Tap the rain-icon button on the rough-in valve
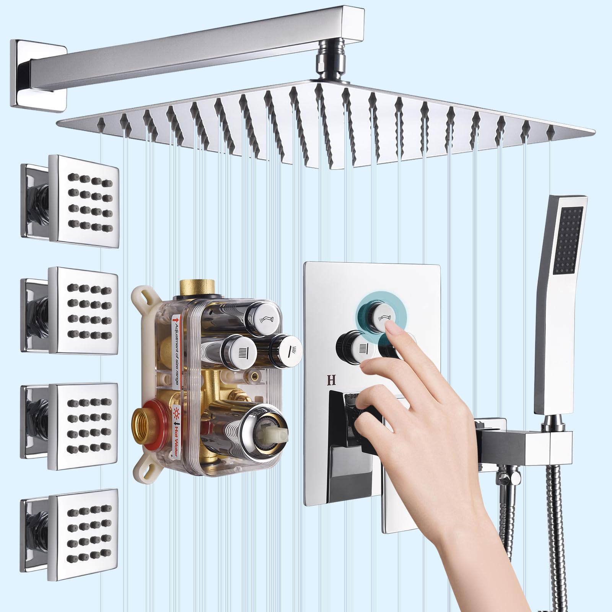[x=235, y=348]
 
